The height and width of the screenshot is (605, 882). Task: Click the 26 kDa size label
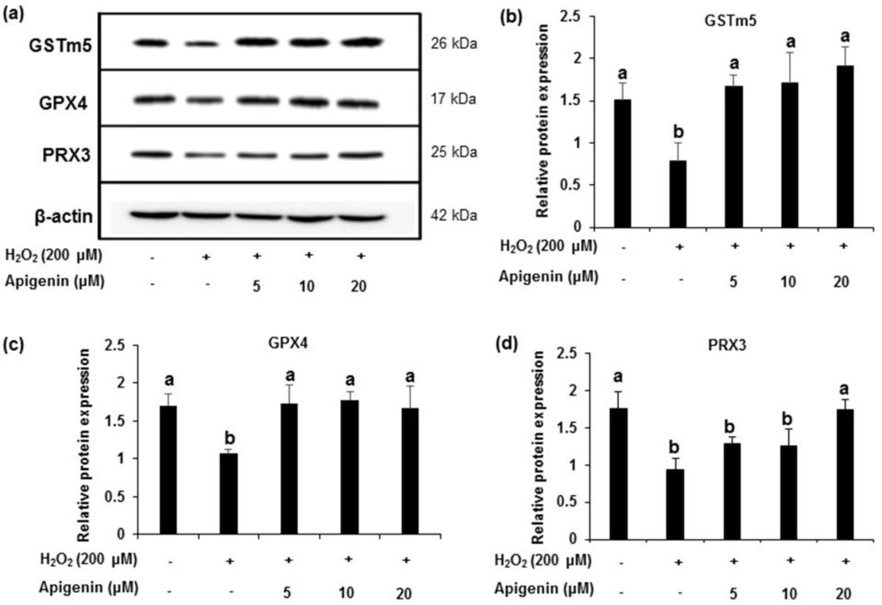[454, 44]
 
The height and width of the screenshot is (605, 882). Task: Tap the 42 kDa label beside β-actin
[454, 216]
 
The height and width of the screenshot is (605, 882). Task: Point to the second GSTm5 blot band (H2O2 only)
[202, 44]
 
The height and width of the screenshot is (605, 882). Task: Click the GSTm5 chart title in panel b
[730, 21]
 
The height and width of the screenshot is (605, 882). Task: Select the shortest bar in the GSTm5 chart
[678, 194]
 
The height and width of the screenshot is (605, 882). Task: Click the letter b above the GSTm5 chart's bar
[678, 132]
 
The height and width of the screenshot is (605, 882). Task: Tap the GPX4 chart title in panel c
[288, 343]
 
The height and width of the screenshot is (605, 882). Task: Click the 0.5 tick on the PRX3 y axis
[567, 503]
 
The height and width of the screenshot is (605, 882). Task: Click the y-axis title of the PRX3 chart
[538, 447]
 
